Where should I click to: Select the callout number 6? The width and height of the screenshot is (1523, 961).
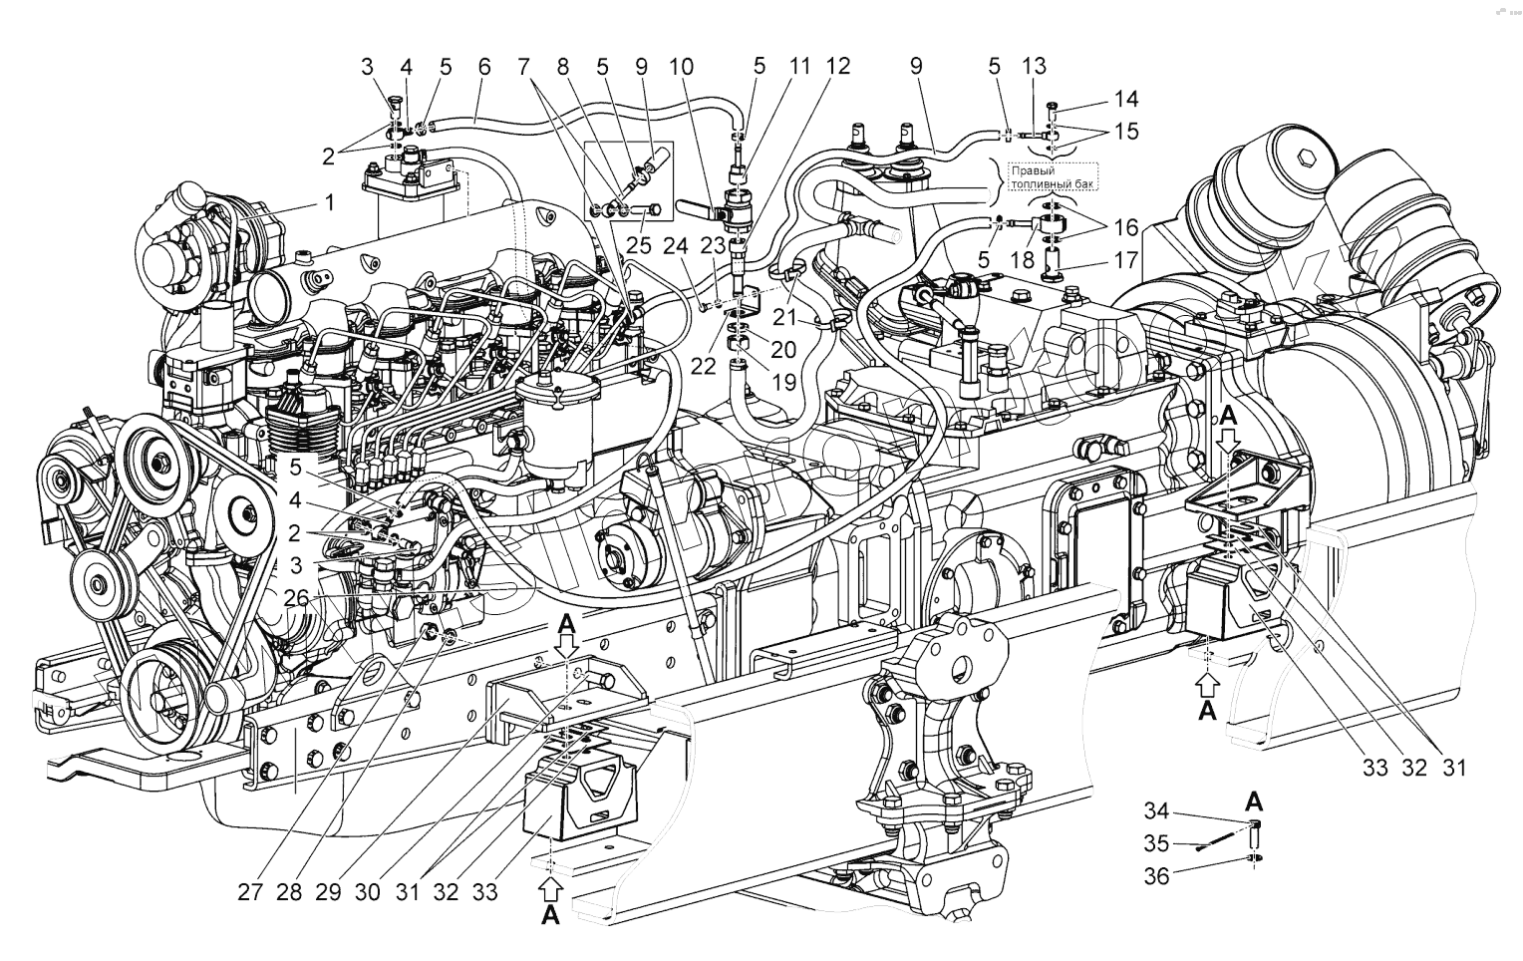pos(484,68)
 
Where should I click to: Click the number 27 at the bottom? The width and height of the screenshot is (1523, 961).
pos(250,892)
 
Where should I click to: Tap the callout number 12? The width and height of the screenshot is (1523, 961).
pos(838,68)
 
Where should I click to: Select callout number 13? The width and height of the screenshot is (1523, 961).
pos(1035,68)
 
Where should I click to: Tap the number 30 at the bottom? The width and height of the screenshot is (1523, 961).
pos(368,892)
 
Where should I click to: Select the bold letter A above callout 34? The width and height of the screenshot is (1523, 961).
pos(1255,800)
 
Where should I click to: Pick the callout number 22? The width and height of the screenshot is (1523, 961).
pos(705,366)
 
